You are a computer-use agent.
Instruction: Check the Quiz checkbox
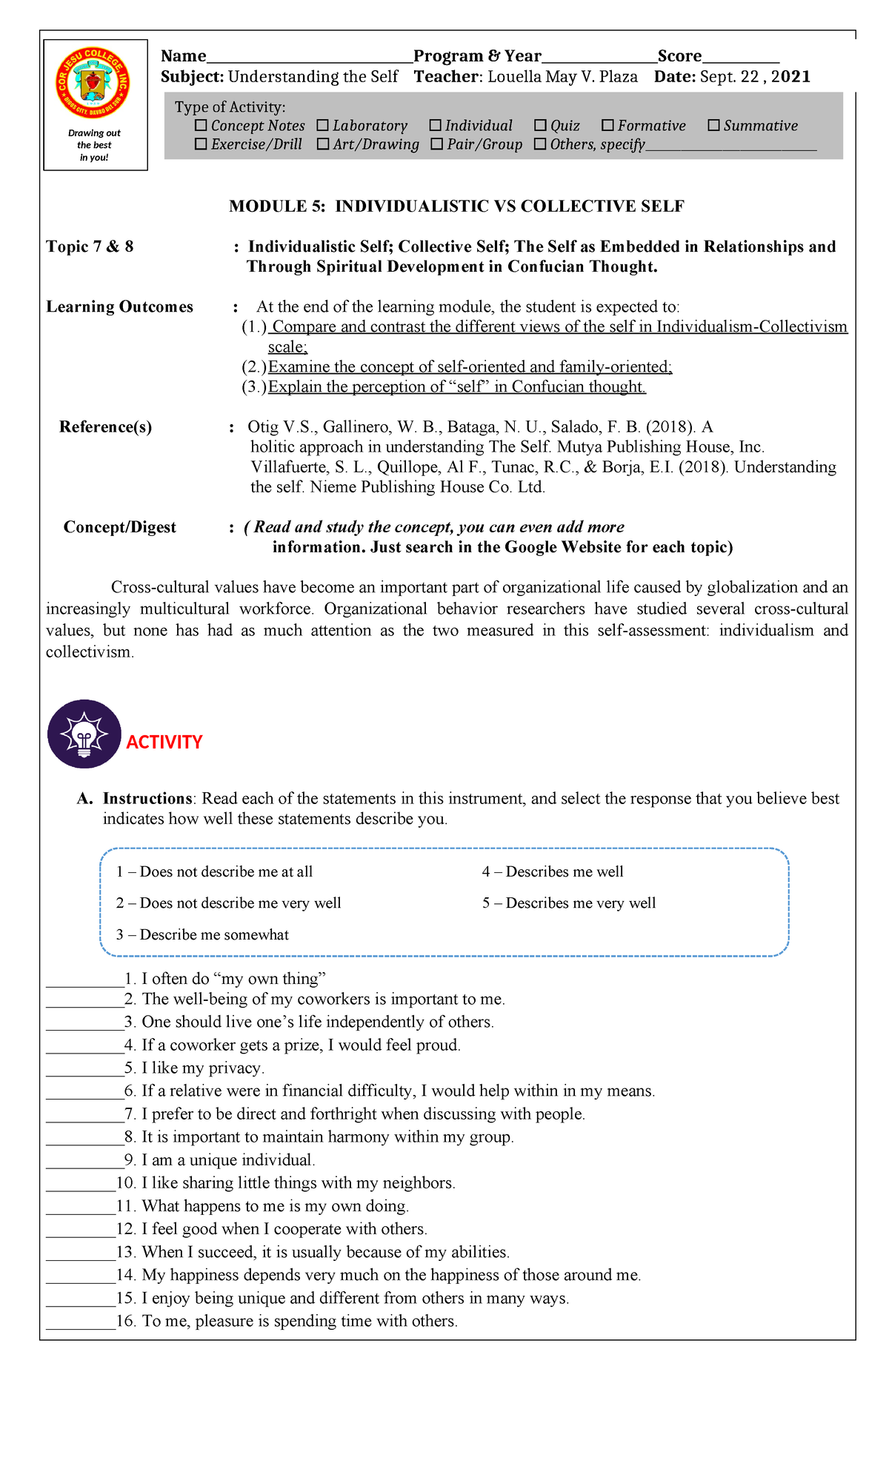pyautogui.click(x=540, y=126)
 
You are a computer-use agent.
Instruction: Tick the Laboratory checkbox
pyautogui.click(x=322, y=126)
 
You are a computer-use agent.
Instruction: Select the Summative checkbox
pyautogui.click(x=713, y=126)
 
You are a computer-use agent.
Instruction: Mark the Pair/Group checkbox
pyautogui.click(x=436, y=144)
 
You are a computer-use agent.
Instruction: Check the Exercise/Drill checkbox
pyautogui.click(x=201, y=144)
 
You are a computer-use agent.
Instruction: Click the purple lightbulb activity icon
pyautogui.click(x=84, y=734)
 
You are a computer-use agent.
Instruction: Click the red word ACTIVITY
pyautogui.click(x=164, y=743)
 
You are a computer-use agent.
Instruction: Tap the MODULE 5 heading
pyautogui.click(x=456, y=207)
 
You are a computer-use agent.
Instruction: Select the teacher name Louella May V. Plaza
pyautogui.click(x=562, y=77)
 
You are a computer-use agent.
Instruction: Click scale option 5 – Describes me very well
pyautogui.click(x=569, y=903)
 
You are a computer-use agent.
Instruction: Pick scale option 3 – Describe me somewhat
pyautogui.click(x=202, y=935)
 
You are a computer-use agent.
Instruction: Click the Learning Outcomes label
pyautogui.click(x=119, y=307)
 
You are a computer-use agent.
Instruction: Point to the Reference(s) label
pyautogui.click(x=105, y=427)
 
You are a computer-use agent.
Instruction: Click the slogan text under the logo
pyautogui.click(x=94, y=145)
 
